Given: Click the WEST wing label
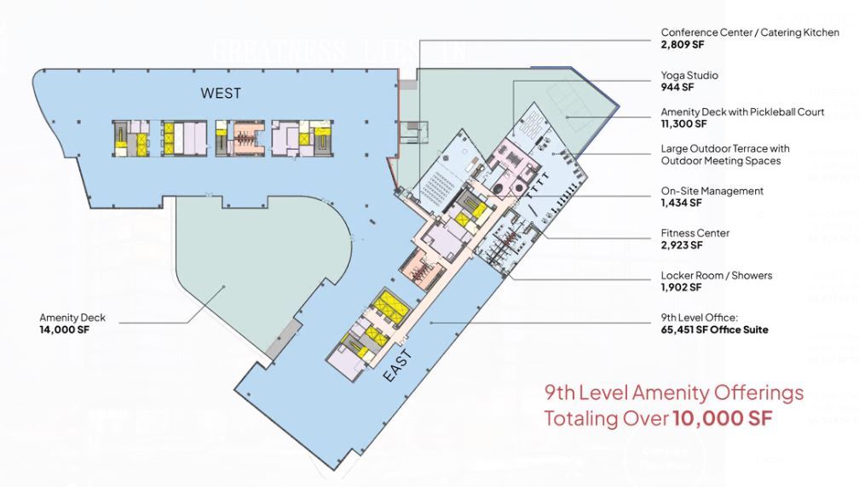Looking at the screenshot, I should click(221, 93).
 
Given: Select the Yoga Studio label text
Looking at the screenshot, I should click(689, 75).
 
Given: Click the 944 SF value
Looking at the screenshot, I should click(677, 87).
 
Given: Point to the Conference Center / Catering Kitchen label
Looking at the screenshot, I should click(750, 32).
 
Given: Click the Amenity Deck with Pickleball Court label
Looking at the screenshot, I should click(742, 112).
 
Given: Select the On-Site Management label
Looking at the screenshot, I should click(712, 191).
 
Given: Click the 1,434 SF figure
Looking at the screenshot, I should click(682, 203).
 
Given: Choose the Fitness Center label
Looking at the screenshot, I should click(695, 232).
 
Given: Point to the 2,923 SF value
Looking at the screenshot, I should click(682, 244).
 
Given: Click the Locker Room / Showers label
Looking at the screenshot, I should click(717, 276).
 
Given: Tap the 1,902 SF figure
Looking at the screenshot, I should click(682, 288).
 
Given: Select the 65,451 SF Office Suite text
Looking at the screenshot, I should click(714, 329).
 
